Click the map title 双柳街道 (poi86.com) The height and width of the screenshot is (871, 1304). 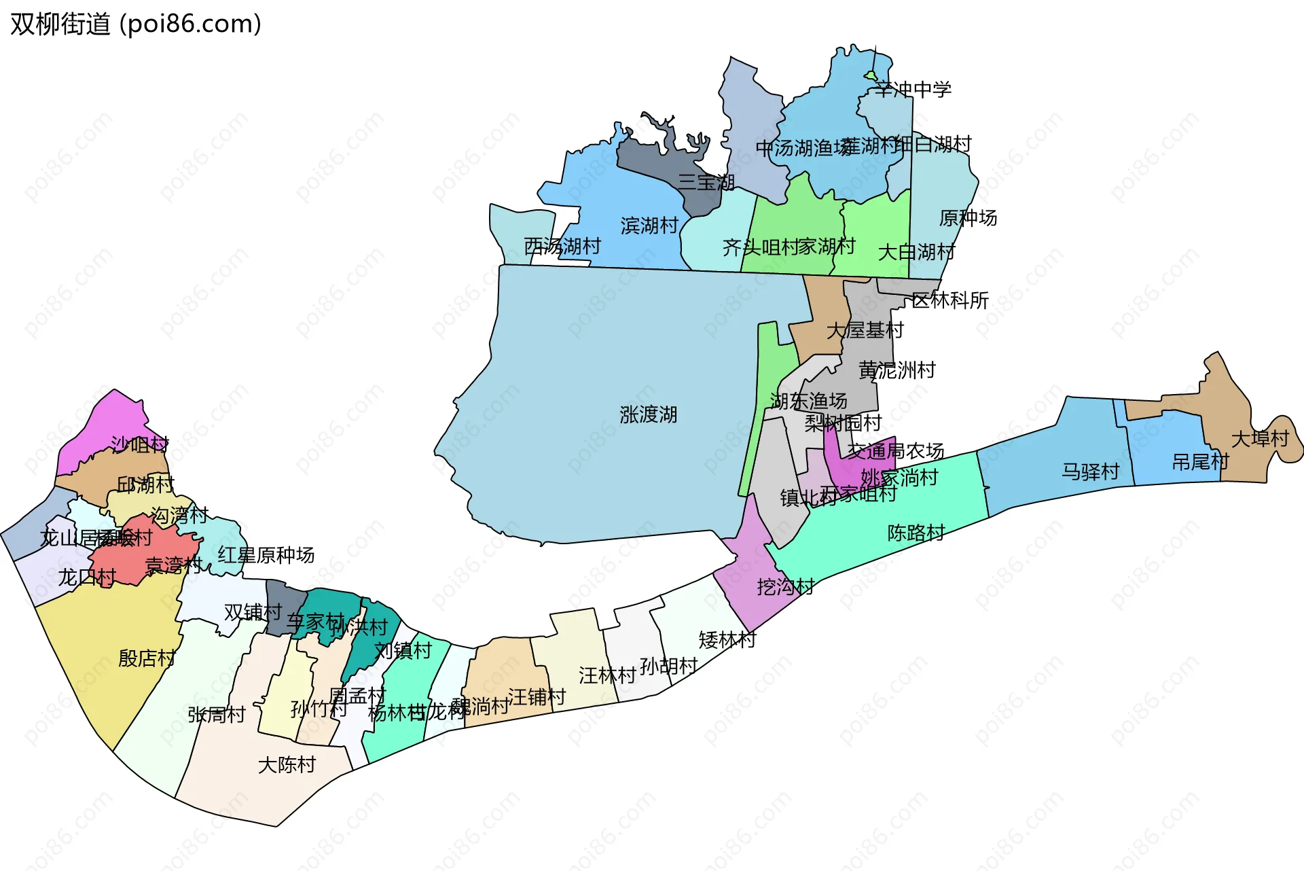click(136, 24)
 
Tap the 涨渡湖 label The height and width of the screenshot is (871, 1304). click(648, 414)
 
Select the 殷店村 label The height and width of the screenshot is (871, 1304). click(147, 658)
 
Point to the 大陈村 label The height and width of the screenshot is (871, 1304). click(287, 765)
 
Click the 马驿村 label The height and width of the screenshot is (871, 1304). click(1090, 472)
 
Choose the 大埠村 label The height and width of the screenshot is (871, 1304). click(1260, 439)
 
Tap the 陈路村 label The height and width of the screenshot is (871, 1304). click(916, 533)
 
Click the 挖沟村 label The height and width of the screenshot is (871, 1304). click(785, 586)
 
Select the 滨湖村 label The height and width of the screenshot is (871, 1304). click(649, 226)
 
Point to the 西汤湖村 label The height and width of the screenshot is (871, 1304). click(562, 246)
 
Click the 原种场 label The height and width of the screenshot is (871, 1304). click(968, 218)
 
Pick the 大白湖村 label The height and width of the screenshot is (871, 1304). click(916, 253)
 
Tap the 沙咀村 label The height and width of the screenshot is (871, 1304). click(140, 445)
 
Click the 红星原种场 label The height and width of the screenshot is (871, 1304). click(266, 555)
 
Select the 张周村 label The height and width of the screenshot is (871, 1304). click(216, 715)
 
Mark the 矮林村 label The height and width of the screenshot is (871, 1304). click(727, 640)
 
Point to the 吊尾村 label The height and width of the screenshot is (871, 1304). click(1200, 463)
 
